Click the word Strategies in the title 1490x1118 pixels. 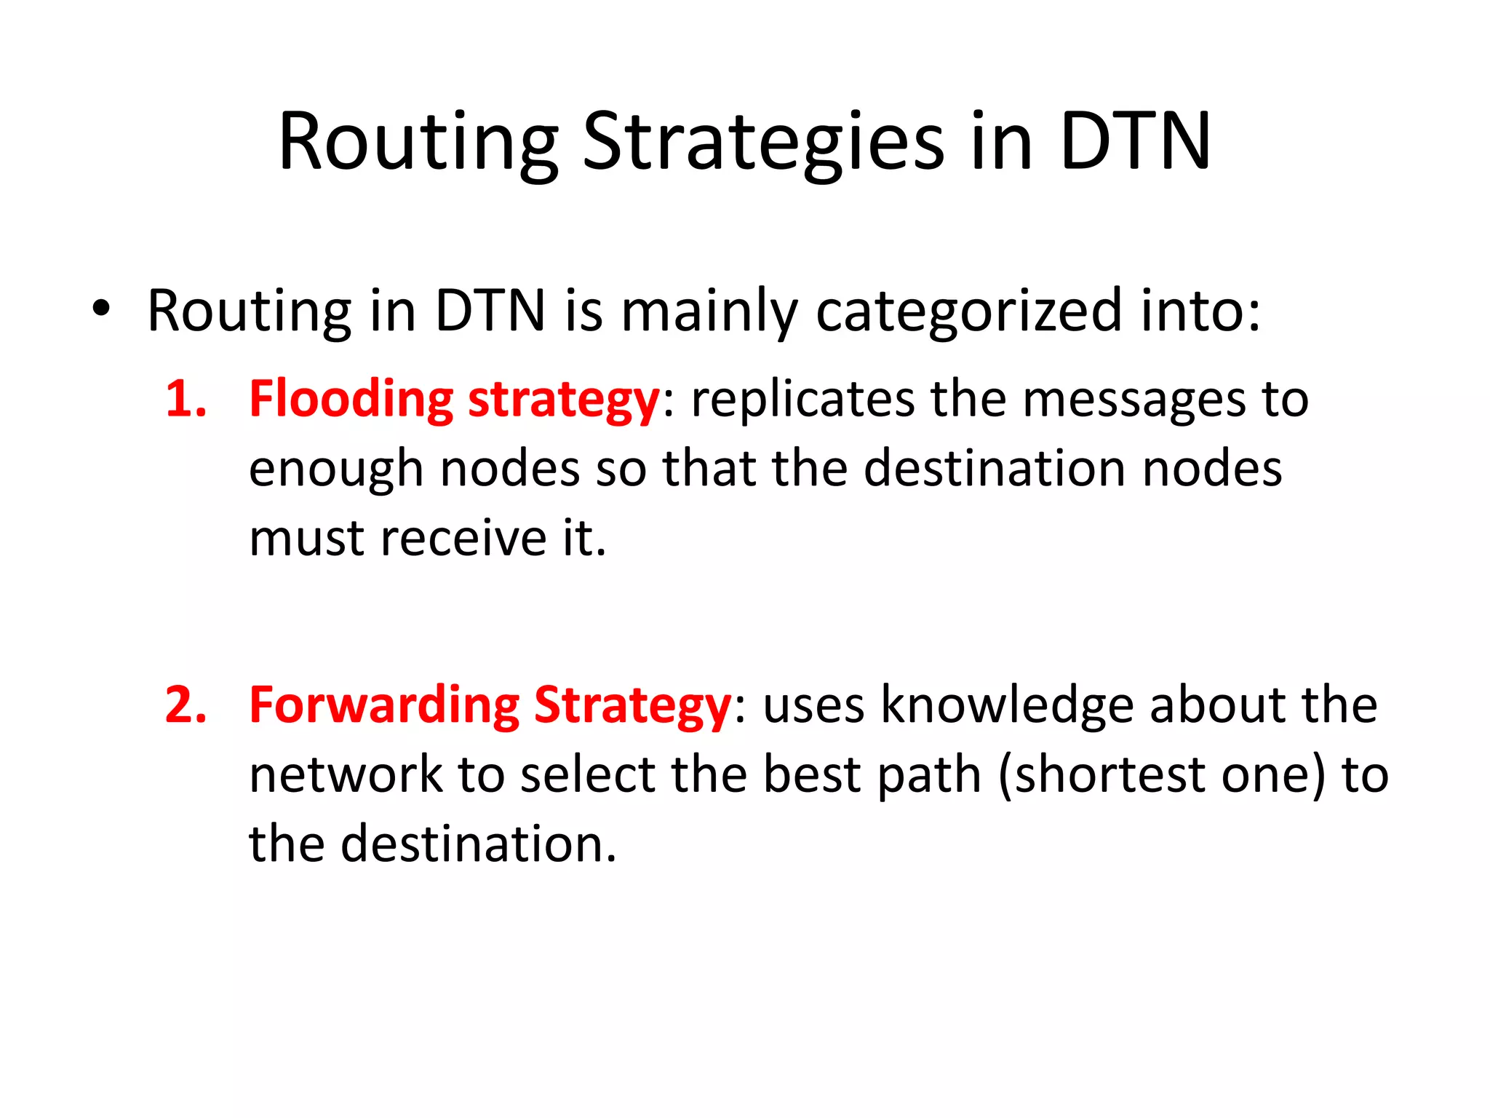(763, 143)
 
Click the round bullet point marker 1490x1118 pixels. (101, 309)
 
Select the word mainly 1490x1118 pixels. (709, 312)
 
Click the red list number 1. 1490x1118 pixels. (185, 400)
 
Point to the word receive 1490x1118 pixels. (463, 539)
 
